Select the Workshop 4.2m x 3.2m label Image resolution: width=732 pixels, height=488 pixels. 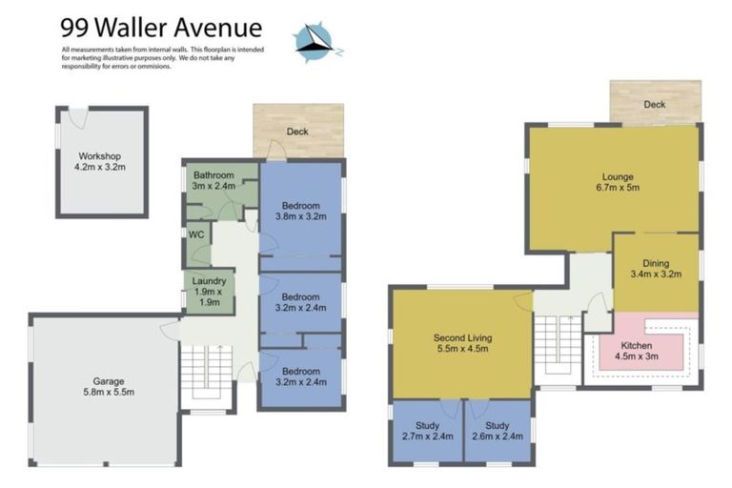pyautogui.click(x=101, y=161)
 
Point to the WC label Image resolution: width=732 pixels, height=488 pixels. pyautogui.click(x=197, y=234)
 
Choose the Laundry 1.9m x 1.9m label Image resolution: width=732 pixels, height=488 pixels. pyautogui.click(x=208, y=292)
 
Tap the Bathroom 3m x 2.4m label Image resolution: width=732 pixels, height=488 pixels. pyautogui.click(x=214, y=181)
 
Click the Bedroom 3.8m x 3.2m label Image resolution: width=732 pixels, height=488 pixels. pyautogui.click(x=300, y=211)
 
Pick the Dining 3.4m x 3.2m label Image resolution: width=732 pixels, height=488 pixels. pyautogui.click(x=656, y=269)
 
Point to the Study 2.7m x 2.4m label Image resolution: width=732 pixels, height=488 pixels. pyautogui.click(x=428, y=432)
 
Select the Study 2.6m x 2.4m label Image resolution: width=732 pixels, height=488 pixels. pyautogui.click(x=498, y=432)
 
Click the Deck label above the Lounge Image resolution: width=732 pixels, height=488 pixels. pyautogui.click(x=654, y=105)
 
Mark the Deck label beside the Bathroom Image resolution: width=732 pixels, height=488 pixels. pyautogui.click(x=297, y=132)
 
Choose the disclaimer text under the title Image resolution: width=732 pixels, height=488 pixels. pyautogui.click(x=163, y=60)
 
